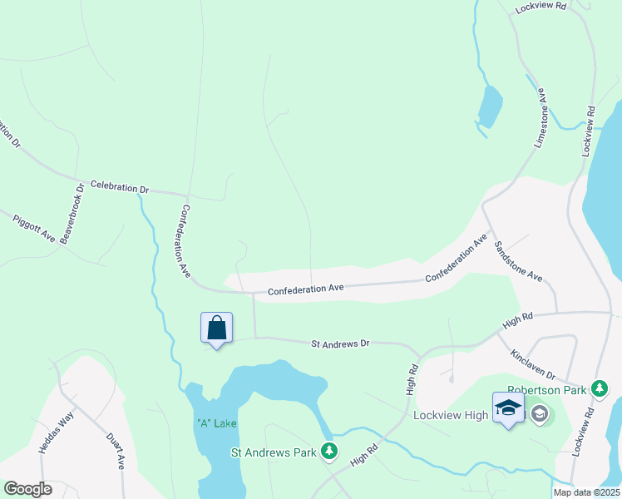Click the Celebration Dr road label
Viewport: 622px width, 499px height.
coord(119,187)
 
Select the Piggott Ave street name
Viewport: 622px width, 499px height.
coord(33,228)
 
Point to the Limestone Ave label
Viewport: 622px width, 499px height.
coord(541,118)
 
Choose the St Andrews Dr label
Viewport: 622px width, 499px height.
coord(339,343)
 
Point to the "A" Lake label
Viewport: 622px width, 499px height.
coord(217,422)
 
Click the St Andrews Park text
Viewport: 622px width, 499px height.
coord(274,452)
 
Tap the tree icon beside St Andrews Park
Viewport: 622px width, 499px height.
coord(330,452)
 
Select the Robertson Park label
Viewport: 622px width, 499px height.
coord(549,388)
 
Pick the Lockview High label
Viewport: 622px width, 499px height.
coord(450,413)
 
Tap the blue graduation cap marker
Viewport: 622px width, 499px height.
coord(508,408)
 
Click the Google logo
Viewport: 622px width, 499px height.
coord(27,489)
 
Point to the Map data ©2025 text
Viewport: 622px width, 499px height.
coord(586,492)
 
